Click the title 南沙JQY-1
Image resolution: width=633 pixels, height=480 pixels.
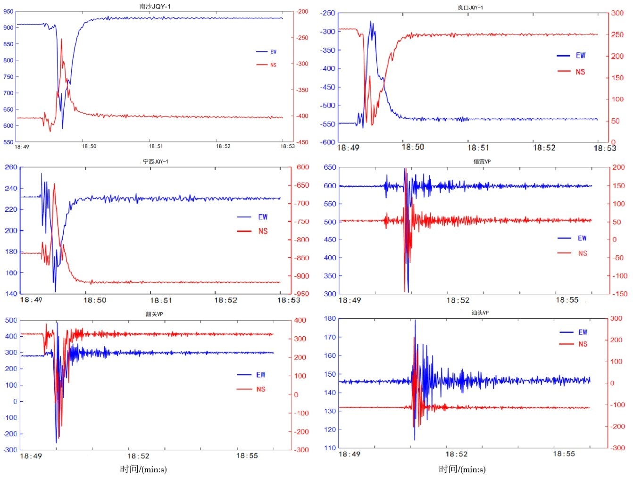155,6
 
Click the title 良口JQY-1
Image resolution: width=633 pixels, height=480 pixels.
470,8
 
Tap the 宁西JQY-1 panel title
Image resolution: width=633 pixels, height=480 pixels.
156,161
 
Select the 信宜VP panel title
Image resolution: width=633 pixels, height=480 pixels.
482,161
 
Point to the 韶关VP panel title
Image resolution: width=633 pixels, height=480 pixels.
154,314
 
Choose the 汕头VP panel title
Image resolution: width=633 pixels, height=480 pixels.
480,313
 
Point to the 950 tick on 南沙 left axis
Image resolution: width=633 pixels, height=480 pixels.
8,11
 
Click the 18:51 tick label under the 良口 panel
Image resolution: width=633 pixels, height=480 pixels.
478,148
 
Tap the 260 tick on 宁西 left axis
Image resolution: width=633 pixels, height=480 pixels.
11,167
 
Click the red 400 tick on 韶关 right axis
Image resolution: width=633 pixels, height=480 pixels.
300,320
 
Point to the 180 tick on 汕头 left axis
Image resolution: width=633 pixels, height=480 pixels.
330,318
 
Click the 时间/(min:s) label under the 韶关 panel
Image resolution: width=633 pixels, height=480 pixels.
143,469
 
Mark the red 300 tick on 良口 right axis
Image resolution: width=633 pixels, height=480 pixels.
617,13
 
